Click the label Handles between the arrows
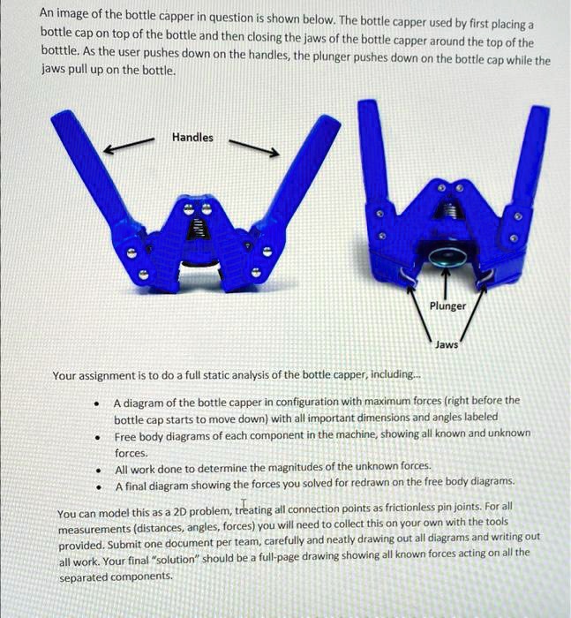[192, 138]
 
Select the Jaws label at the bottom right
[447, 344]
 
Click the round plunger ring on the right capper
[446, 257]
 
